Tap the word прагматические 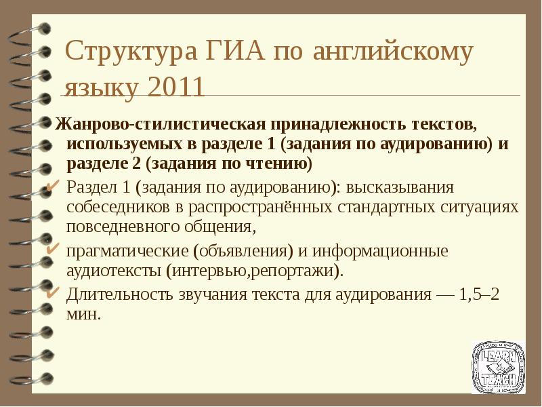(x=127, y=252)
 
